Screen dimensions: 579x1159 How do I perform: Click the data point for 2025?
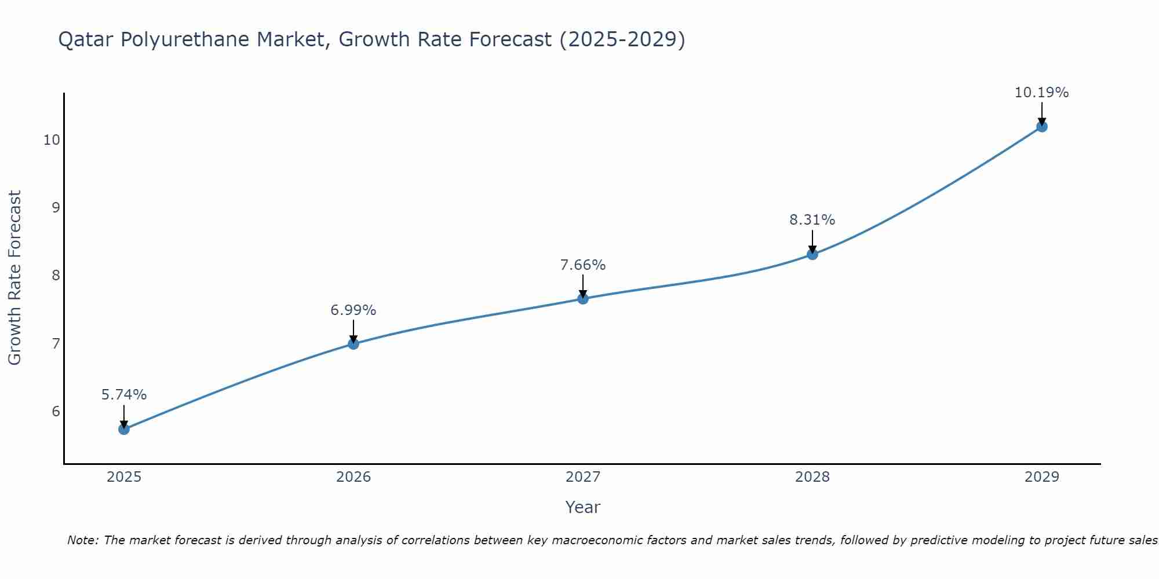click(124, 429)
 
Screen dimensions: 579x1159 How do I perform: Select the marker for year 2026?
click(353, 344)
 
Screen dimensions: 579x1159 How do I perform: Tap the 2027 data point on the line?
click(583, 299)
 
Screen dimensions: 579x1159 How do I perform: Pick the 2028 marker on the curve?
click(812, 254)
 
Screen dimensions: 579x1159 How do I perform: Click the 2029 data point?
click(1042, 127)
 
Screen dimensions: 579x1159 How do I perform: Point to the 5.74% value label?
click(124, 395)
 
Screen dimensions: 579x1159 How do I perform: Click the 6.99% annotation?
click(353, 310)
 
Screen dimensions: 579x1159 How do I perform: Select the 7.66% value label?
click(583, 265)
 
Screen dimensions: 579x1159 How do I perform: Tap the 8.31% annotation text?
click(812, 220)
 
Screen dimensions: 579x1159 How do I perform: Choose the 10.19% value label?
click(1042, 93)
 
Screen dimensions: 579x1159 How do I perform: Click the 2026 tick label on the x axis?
click(353, 477)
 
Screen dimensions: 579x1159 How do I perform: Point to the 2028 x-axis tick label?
click(812, 477)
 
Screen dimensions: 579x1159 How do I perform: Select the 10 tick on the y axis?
click(52, 140)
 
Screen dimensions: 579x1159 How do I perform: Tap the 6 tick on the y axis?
click(56, 412)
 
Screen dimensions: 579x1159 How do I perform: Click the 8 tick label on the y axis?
click(56, 276)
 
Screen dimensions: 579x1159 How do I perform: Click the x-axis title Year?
click(583, 507)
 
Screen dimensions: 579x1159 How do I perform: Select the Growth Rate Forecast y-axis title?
click(14, 278)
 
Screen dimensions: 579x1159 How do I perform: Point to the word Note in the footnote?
click(83, 540)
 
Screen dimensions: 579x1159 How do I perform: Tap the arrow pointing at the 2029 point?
click(1042, 113)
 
